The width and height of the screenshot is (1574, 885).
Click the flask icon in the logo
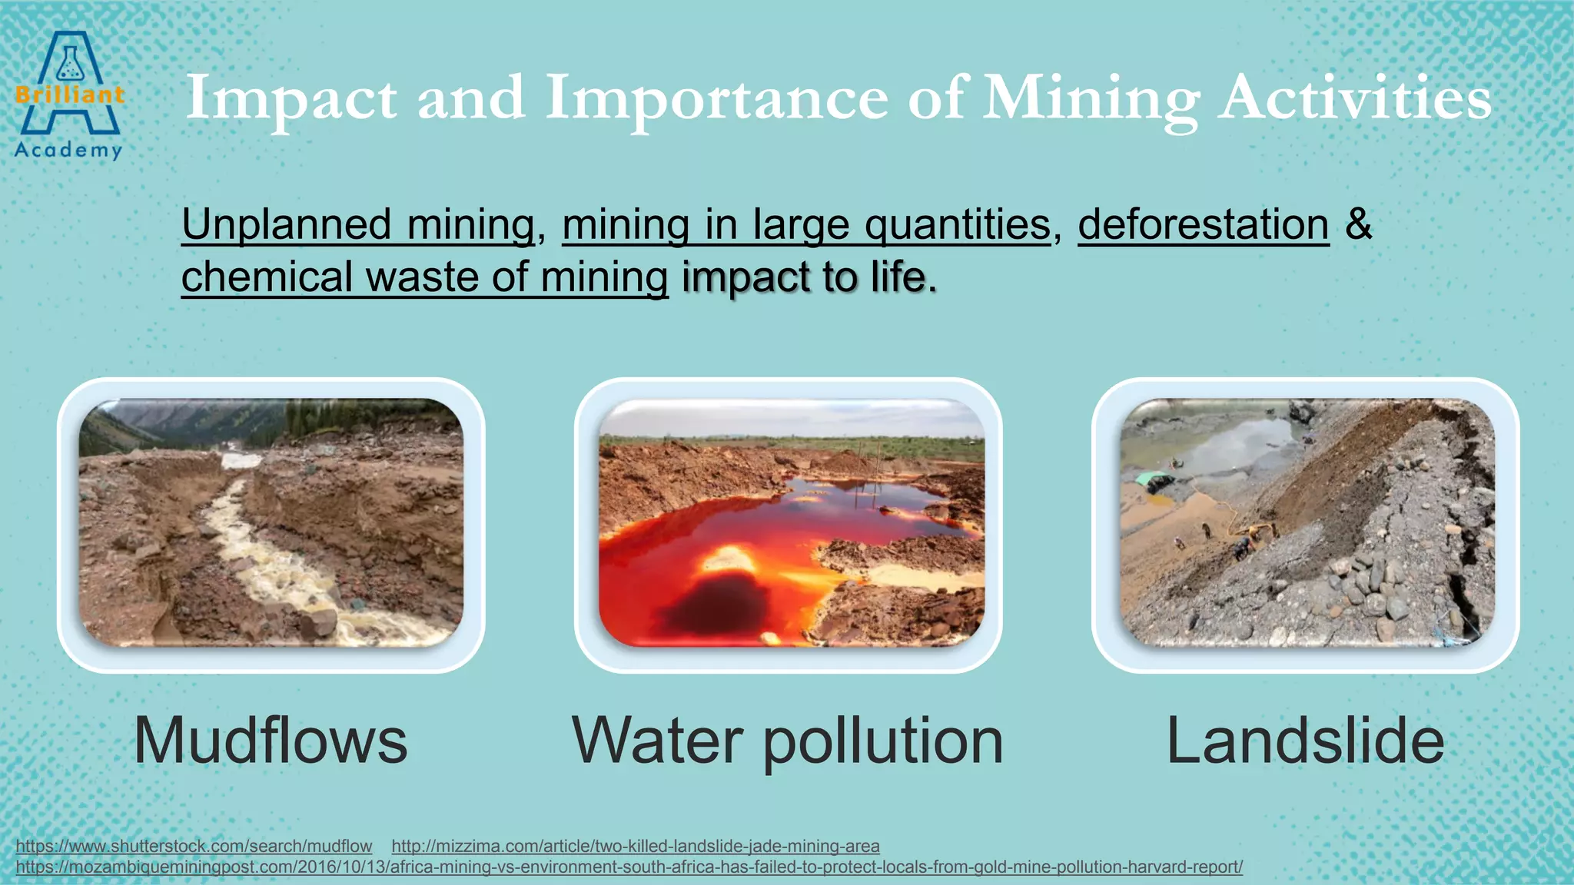coord(69,64)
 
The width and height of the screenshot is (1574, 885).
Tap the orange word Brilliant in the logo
coord(69,95)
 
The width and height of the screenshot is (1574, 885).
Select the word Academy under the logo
coord(68,150)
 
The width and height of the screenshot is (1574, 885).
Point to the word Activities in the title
coord(1354,98)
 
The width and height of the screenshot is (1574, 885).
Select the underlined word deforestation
coord(1203,225)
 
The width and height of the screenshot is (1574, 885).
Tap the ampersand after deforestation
coord(1359,224)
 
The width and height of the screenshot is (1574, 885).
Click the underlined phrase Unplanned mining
coord(358,225)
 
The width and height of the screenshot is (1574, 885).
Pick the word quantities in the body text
coord(958,225)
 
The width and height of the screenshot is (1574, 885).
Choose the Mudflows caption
coord(271,741)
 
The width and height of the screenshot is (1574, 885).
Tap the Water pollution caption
coord(788,741)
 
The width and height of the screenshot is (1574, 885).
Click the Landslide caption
coord(1305,741)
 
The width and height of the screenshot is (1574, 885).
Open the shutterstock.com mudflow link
coord(194,846)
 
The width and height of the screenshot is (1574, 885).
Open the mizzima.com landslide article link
coord(635,846)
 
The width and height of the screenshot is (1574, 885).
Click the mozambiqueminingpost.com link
coord(629,867)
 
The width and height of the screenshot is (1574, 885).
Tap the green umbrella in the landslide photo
coord(1150,479)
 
